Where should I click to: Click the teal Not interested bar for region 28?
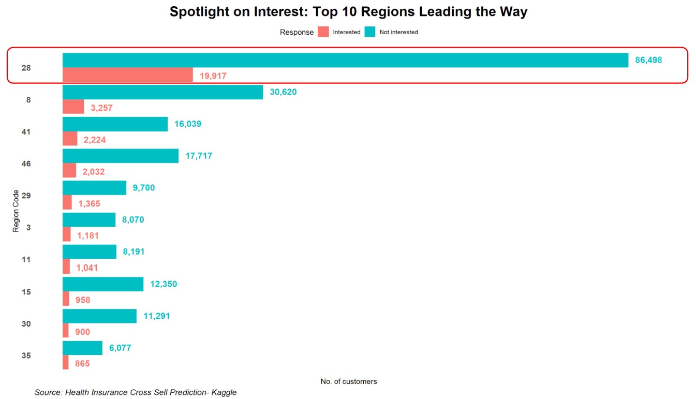click(x=345, y=60)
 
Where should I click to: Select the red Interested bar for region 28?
click(x=128, y=75)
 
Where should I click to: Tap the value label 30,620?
click(x=283, y=92)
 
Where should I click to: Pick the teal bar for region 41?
click(x=115, y=124)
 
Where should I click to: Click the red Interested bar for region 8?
click(x=73, y=107)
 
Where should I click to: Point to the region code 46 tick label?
click(x=26, y=164)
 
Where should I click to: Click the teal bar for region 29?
click(x=94, y=188)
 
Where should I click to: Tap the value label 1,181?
click(x=87, y=236)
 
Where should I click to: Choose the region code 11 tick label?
click(x=26, y=259)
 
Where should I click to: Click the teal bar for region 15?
click(x=103, y=284)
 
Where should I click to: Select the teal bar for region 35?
click(x=82, y=348)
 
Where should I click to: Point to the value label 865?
click(x=82, y=364)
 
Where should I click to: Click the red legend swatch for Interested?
click(x=323, y=32)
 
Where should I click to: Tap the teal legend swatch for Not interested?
click(x=370, y=32)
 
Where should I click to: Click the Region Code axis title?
click(x=16, y=211)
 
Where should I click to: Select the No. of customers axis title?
click(x=349, y=381)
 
